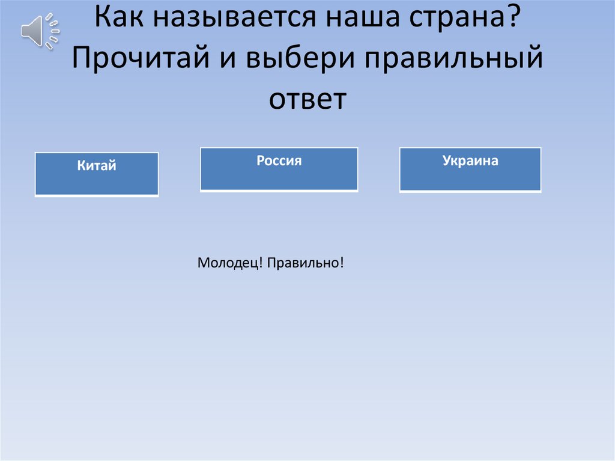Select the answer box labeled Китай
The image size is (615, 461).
point(97,174)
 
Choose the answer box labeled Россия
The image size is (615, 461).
point(279,169)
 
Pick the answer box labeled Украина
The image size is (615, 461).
point(470,169)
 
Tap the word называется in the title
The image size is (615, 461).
point(234,22)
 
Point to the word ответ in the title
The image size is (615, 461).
point(307,99)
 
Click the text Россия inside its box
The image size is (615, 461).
point(279,161)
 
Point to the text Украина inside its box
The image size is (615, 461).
point(470,161)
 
